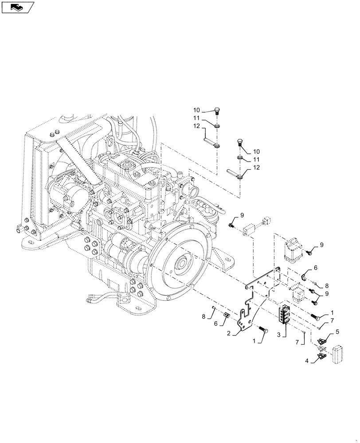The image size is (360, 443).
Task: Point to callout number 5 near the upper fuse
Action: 337,331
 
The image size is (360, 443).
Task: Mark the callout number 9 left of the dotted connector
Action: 242,215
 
